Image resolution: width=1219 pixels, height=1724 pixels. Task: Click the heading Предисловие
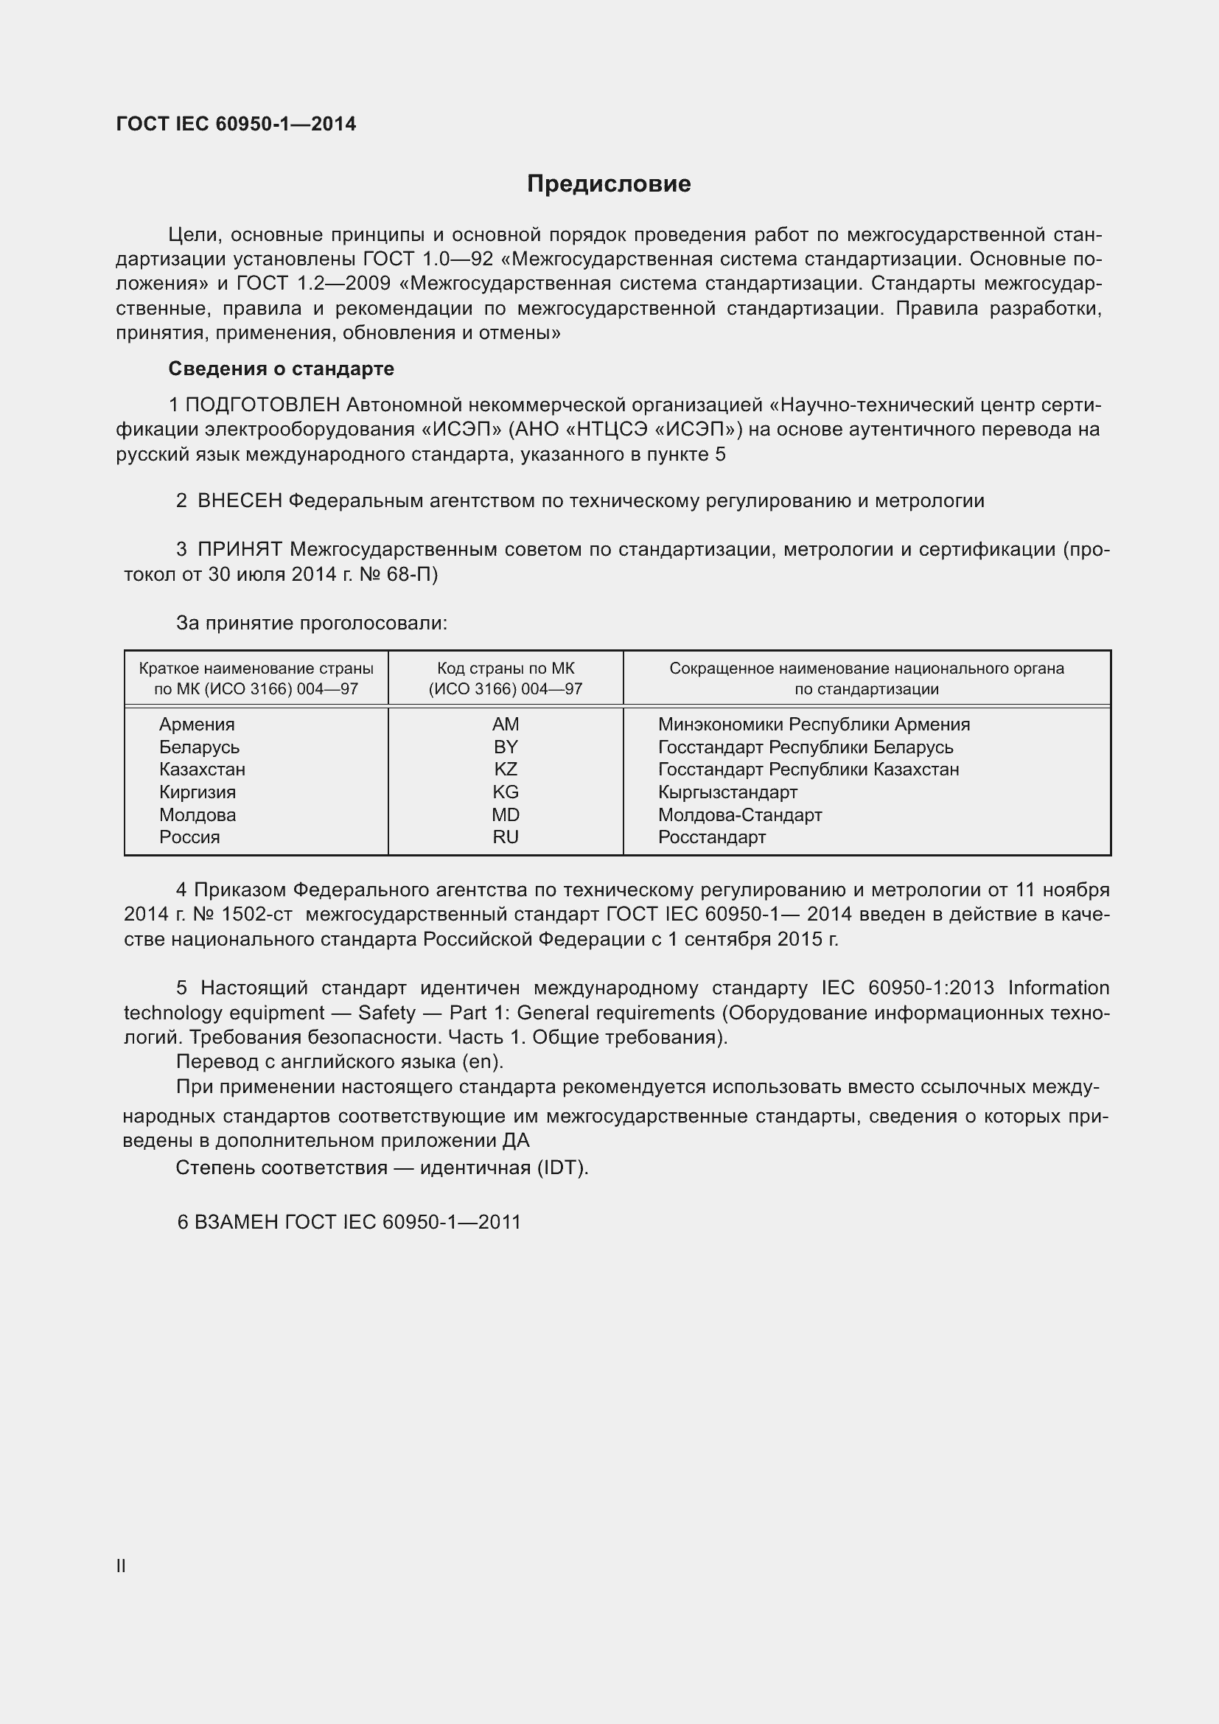click(x=609, y=184)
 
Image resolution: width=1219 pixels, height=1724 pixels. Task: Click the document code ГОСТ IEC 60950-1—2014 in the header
click(x=236, y=124)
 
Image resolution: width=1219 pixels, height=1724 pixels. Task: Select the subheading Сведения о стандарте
click(x=281, y=369)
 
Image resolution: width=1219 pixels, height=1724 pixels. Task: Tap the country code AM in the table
click(x=505, y=724)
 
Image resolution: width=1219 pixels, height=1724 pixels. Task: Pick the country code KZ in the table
click(x=505, y=769)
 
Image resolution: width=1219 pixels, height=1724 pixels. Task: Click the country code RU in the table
click(x=505, y=837)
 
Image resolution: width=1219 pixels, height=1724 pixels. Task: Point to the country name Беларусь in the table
click(x=199, y=747)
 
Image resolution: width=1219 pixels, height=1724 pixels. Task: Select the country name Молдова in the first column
click(x=198, y=814)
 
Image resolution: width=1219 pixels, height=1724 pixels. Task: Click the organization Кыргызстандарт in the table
click(x=727, y=792)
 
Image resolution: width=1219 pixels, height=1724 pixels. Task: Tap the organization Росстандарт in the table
click(x=712, y=837)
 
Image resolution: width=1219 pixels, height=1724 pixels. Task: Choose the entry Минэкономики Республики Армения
click(x=814, y=724)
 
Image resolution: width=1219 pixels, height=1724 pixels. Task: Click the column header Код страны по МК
click(x=505, y=669)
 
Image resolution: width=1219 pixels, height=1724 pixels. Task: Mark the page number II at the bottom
click(x=121, y=1566)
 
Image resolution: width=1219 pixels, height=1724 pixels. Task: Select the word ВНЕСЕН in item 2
click(x=240, y=500)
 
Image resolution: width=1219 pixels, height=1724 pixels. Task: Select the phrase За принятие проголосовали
click(x=312, y=623)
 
